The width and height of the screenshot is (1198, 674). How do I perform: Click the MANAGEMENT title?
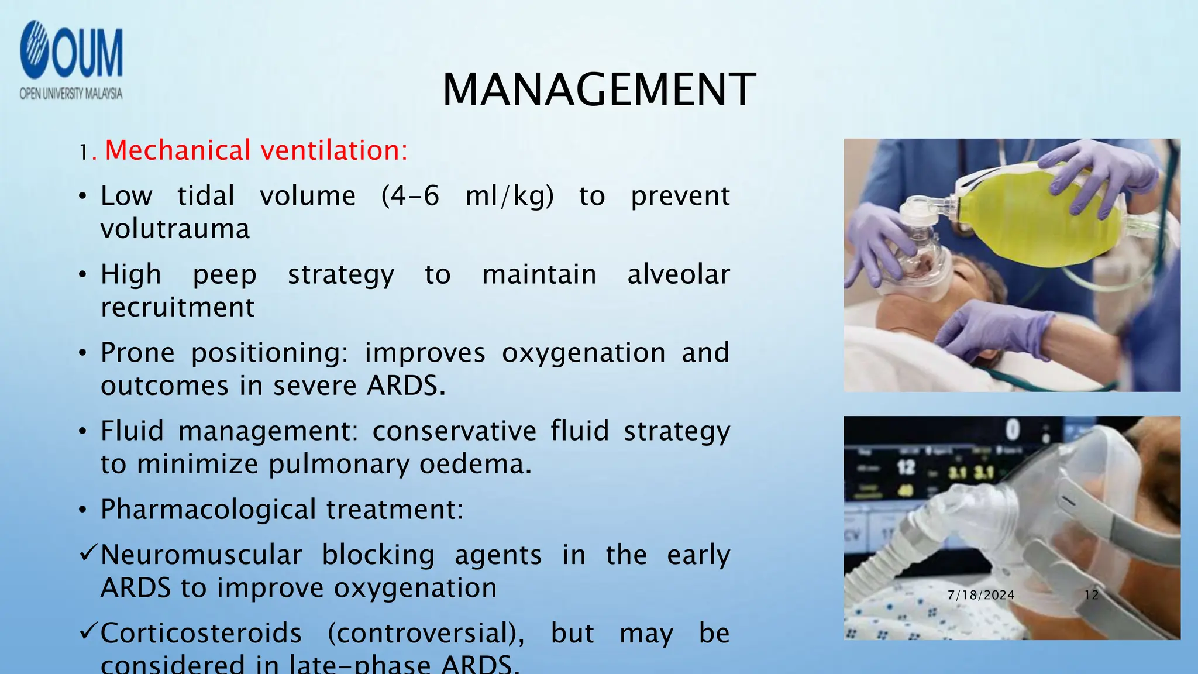click(599, 90)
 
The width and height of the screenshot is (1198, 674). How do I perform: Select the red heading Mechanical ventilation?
click(256, 150)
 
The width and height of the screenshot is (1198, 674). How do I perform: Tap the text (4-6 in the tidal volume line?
click(409, 196)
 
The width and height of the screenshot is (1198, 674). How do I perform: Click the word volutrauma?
click(175, 229)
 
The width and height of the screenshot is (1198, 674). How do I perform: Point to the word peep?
click(225, 275)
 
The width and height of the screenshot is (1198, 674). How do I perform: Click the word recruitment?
click(177, 307)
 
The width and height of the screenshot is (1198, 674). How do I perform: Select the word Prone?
click(137, 353)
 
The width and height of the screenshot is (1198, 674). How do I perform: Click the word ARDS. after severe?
click(406, 386)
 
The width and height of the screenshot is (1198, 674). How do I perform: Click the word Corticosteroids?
click(201, 633)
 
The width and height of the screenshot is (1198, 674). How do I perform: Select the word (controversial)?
click(425, 633)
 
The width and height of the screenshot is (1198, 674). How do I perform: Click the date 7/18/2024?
click(981, 595)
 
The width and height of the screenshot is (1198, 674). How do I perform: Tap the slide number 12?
click(1091, 595)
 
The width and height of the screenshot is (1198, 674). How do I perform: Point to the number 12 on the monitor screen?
click(906, 467)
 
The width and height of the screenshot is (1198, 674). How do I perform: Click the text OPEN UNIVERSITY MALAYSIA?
click(71, 94)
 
